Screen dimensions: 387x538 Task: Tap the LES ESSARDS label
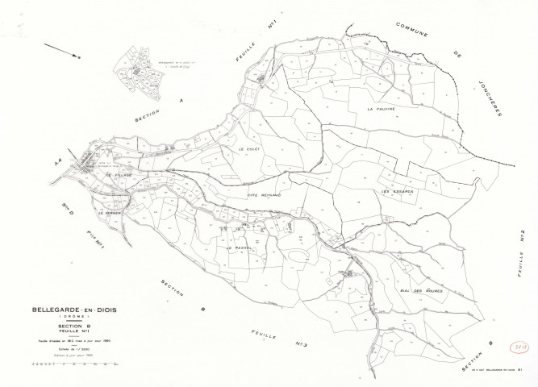click(397, 191)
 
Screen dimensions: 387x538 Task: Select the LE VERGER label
click(111, 213)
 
